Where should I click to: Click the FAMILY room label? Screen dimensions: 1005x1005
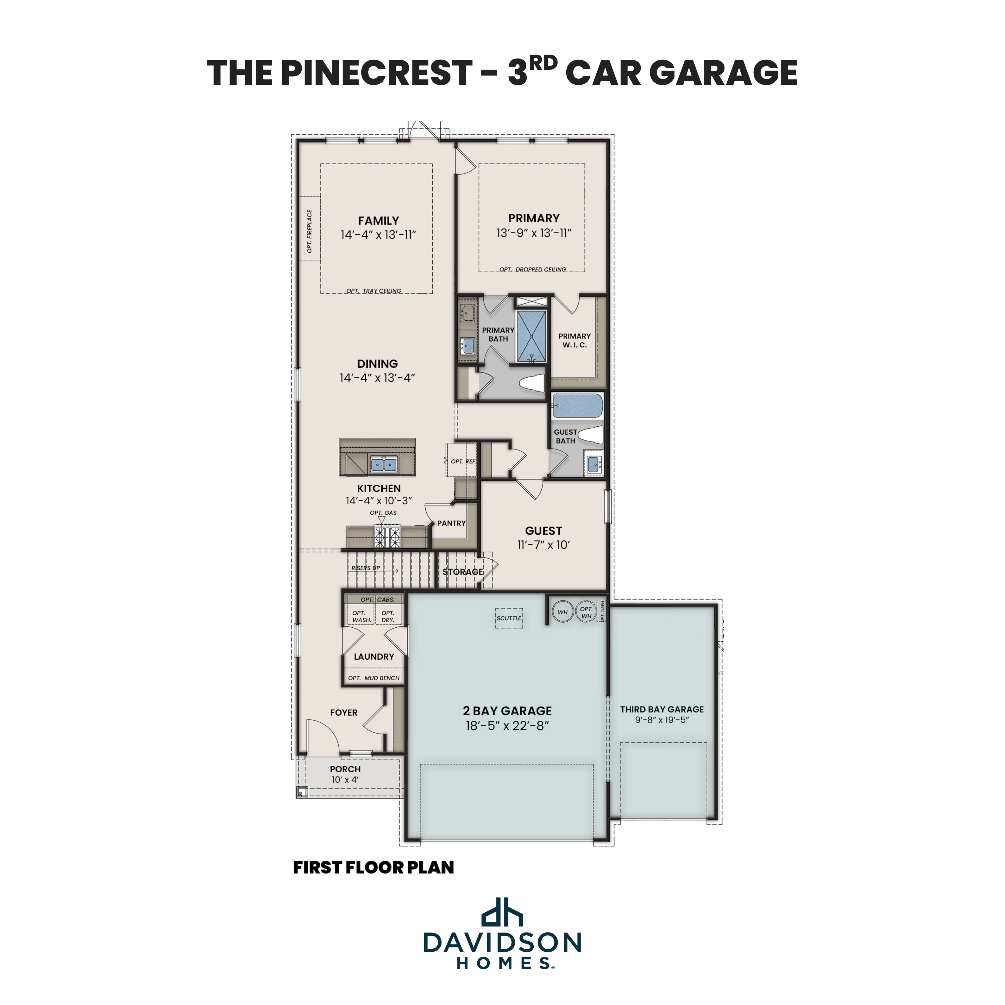point(378,221)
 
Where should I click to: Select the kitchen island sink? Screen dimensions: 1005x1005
point(384,464)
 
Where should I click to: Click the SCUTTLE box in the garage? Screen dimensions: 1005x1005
point(509,618)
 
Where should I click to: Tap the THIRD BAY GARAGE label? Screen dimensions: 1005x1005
point(662,709)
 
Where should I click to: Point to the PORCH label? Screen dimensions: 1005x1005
point(345,769)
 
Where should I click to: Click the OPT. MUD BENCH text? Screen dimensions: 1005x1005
point(373,678)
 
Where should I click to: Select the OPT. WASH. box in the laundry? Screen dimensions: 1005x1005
point(361,616)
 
